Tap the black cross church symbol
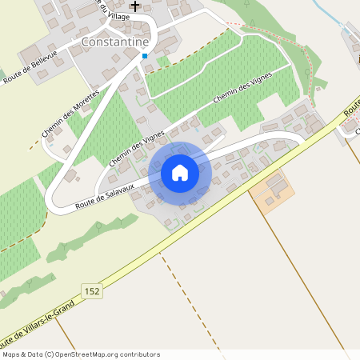tap(134, 6)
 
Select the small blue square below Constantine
tap(144, 56)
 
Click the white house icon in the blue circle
tap(180, 172)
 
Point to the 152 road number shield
tap(92, 292)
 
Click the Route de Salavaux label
tap(105, 194)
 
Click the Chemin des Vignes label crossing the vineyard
tap(244, 90)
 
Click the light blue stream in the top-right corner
tap(328, 11)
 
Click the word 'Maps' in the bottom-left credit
tap(12, 354)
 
